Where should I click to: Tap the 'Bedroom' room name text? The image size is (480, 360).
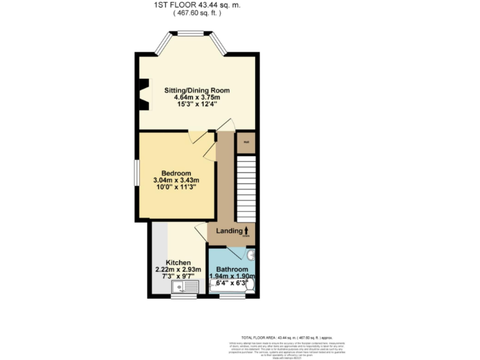(176, 172)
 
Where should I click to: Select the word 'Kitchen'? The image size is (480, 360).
(177, 262)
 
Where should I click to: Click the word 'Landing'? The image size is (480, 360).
(229, 231)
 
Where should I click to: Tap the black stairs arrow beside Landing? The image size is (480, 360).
(246, 231)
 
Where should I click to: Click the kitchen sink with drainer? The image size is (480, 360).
(185, 287)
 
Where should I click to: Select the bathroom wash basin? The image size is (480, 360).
(251, 255)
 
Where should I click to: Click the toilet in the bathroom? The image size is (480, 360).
(250, 284)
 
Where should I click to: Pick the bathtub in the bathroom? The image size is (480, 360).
(227, 286)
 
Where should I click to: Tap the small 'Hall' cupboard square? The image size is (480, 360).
(247, 142)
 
